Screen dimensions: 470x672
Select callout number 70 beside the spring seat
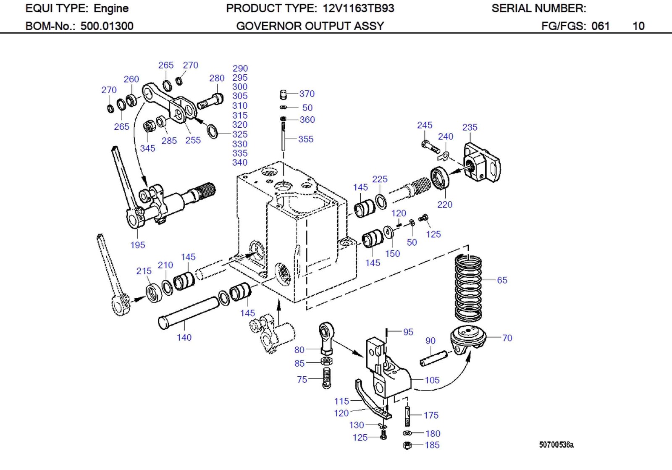[507, 338]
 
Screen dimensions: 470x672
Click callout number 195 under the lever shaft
[137, 245]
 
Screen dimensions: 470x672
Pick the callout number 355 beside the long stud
[306, 139]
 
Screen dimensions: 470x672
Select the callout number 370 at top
[307, 94]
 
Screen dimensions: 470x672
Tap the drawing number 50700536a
[556, 445]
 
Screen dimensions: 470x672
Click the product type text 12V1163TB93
[358, 8]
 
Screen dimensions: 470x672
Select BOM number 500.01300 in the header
[107, 26]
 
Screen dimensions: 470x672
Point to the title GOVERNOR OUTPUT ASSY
[310, 26]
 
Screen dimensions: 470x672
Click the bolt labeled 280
[210, 101]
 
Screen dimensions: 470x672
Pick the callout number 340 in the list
[240, 163]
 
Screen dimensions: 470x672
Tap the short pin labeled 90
[433, 358]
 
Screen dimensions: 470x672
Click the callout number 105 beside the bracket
[432, 380]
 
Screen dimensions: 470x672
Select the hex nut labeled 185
[407, 445]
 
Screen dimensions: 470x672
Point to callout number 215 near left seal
[144, 271]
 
